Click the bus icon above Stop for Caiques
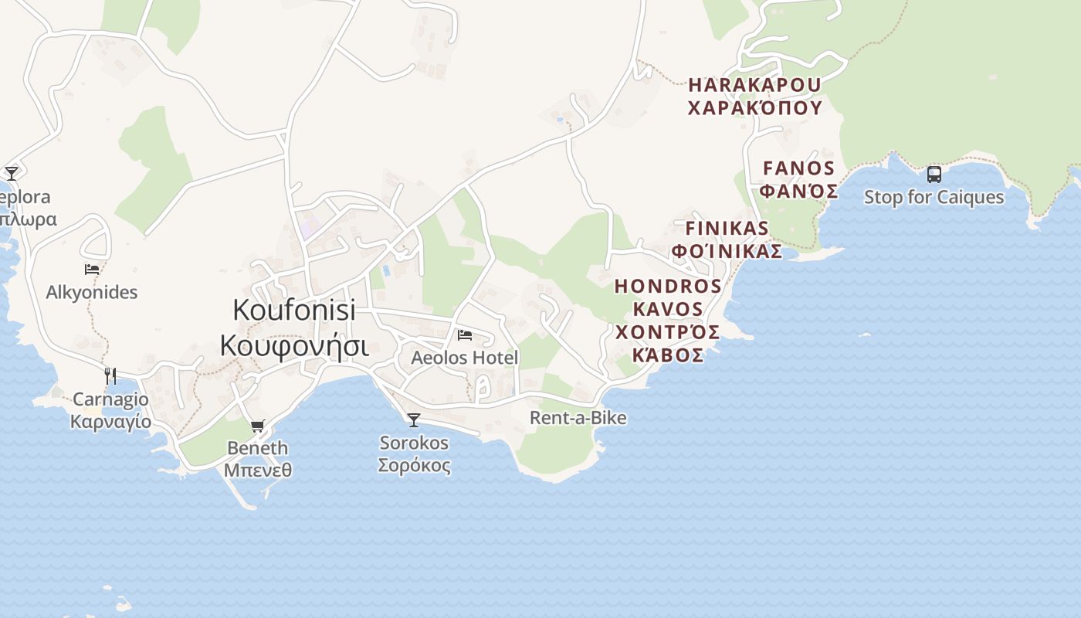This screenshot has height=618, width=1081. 934,174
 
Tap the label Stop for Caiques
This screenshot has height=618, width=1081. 934,197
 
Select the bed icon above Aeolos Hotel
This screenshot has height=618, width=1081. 465,335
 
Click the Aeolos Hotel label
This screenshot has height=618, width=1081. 465,358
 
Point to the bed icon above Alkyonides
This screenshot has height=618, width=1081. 92,270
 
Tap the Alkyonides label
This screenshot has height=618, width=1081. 92,292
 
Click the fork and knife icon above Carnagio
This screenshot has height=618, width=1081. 110,376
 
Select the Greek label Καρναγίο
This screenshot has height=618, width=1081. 110,423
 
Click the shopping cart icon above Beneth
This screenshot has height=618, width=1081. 258,426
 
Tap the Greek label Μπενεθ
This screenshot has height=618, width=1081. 258,470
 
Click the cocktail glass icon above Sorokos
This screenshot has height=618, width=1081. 414,420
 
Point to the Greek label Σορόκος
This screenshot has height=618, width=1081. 414,466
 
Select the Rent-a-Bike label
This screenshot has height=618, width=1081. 578,418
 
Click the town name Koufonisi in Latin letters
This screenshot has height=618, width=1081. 294,310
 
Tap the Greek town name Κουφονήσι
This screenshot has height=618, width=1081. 294,345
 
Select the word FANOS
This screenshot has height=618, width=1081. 799,168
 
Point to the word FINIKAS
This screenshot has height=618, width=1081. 727,229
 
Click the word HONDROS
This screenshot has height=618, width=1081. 668,287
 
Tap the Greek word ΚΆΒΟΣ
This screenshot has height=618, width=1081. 668,355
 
